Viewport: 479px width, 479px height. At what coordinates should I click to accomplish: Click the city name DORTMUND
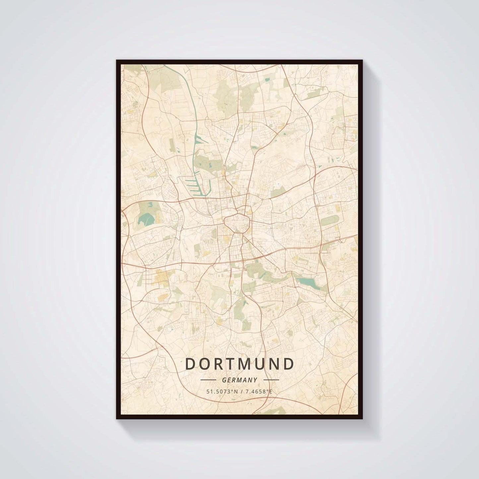(x=240, y=364)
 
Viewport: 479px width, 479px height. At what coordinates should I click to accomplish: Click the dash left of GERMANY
(x=209, y=380)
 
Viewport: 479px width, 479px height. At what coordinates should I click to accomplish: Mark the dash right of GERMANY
(x=271, y=380)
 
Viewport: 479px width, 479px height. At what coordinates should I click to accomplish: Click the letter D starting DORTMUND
(x=190, y=364)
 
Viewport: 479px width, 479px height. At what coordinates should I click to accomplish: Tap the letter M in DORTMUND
(x=248, y=364)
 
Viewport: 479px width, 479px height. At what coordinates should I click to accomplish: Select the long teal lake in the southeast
(x=308, y=283)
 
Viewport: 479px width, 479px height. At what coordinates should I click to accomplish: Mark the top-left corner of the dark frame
(x=117, y=61)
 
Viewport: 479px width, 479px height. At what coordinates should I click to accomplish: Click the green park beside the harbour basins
(x=207, y=162)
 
